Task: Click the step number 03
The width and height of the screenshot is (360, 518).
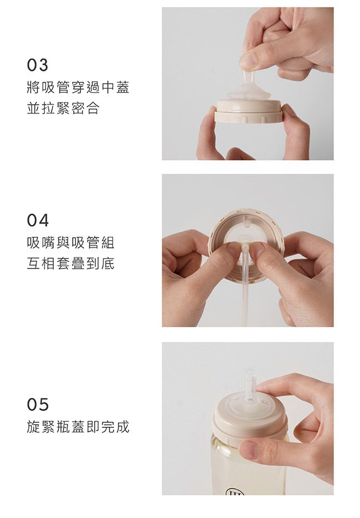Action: click(x=38, y=66)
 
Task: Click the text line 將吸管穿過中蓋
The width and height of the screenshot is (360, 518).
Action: click(x=78, y=87)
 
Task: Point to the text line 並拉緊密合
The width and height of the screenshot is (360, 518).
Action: click(x=63, y=108)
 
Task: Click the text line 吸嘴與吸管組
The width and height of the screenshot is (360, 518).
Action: click(x=71, y=242)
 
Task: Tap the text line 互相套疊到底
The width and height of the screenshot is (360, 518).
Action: click(x=71, y=264)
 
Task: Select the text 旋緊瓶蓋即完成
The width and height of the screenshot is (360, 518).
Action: click(x=78, y=427)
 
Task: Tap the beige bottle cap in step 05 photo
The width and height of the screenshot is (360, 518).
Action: click(x=249, y=418)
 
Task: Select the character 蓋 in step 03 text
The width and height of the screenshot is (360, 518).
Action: click(x=122, y=87)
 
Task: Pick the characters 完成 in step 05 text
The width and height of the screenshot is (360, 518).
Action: click(x=115, y=427)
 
